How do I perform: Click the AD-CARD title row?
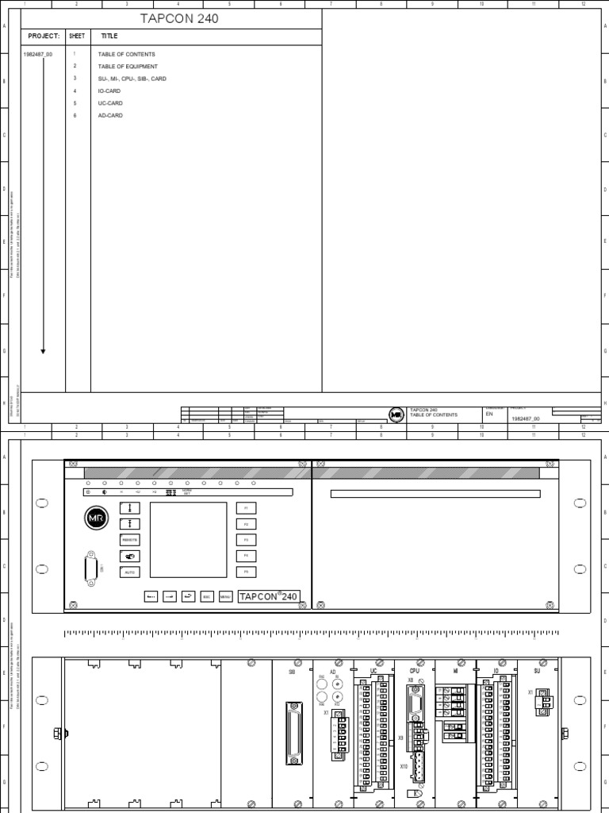[x=110, y=116]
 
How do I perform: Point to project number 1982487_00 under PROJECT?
[x=38, y=54]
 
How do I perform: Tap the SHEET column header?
[x=76, y=37]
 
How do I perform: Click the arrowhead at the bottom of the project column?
[x=43, y=351]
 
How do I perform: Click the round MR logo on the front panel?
[x=94, y=518]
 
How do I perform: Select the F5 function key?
[x=246, y=572]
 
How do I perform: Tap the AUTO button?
[x=129, y=572]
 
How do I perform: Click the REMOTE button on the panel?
[x=129, y=539]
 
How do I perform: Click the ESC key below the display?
[x=207, y=596]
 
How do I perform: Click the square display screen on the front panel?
[x=188, y=539]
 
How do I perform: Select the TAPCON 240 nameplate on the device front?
[x=269, y=596]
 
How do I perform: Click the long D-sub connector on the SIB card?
[x=294, y=734]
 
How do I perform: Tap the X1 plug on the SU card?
[x=543, y=702]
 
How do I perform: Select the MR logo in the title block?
[x=396, y=414]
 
